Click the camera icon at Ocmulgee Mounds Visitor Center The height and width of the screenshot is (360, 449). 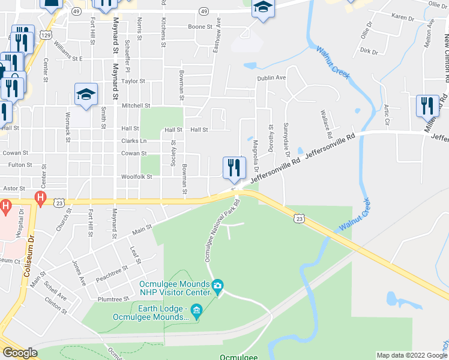tap(217, 284)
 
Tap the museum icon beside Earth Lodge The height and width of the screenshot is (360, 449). tap(197, 310)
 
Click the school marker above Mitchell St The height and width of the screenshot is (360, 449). tap(86, 94)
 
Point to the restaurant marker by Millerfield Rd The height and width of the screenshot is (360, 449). tap(427, 106)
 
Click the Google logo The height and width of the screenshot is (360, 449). tap(20, 353)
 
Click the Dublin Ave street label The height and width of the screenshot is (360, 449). tap(271, 78)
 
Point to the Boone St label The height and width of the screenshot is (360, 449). tap(200, 27)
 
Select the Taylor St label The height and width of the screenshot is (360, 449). tap(133, 81)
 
